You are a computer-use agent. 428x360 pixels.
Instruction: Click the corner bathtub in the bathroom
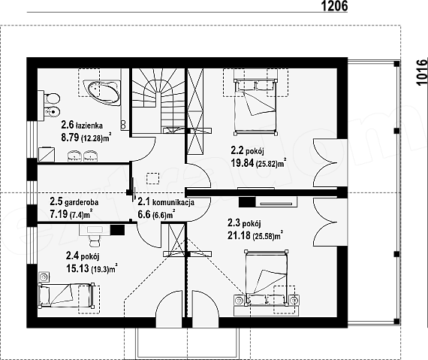point(101,92)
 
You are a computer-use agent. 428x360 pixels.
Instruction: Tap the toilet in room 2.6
point(52,98)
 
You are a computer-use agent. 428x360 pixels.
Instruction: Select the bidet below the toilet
point(52,111)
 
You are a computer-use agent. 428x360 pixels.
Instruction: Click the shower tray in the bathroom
point(47,154)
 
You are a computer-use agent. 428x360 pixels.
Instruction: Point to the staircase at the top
point(158,101)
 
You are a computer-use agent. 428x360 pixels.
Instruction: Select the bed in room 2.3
point(266,279)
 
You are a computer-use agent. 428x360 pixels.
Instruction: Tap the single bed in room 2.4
point(65,295)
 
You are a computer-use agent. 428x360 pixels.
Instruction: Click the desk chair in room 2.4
point(95,241)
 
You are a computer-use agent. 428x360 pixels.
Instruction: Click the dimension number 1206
point(334,6)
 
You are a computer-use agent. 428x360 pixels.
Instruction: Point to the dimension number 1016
point(422,72)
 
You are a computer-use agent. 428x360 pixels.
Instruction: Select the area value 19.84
point(243,163)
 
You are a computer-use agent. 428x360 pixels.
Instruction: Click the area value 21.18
point(239,235)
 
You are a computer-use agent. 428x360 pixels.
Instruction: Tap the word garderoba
point(82,202)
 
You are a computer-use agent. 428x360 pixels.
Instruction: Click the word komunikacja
point(173,202)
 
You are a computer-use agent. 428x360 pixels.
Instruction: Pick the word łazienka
point(89,126)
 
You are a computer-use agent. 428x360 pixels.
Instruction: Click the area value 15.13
point(77,268)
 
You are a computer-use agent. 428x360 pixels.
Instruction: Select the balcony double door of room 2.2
point(325,163)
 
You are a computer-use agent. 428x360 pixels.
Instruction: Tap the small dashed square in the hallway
point(153,178)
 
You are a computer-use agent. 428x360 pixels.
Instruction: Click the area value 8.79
point(70,138)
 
